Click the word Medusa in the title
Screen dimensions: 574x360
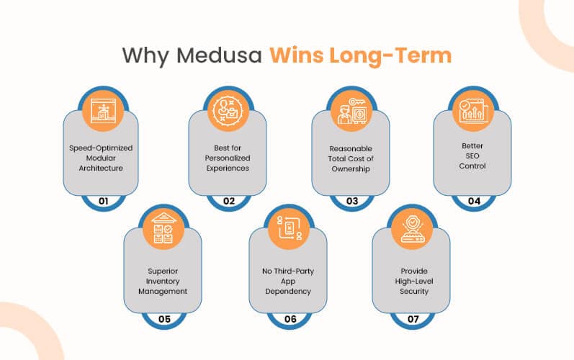(x=219, y=55)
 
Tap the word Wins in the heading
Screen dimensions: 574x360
(x=297, y=55)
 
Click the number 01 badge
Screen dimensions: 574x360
(x=103, y=201)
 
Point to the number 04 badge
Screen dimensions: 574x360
(x=474, y=201)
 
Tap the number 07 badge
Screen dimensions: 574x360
(x=413, y=319)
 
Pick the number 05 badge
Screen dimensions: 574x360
(x=164, y=319)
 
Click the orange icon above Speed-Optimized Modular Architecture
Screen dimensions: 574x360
(x=103, y=110)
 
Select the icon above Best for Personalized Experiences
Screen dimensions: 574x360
(x=228, y=110)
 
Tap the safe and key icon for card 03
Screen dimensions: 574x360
(x=351, y=110)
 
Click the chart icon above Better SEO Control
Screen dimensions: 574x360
(x=473, y=110)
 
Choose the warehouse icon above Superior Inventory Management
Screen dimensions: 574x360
(x=163, y=229)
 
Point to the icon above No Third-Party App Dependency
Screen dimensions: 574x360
(x=290, y=229)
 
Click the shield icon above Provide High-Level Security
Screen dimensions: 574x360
(x=412, y=229)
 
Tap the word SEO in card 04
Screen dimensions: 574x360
(x=472, y=156)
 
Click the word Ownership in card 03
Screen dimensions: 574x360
(x=351, y=169)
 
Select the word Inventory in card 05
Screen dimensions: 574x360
(x=163, y=282)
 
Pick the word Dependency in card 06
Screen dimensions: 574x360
(x=288, y=292)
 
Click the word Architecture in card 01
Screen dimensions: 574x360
(x=101, y=168)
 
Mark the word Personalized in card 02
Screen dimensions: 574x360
(x=228, y=158)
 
